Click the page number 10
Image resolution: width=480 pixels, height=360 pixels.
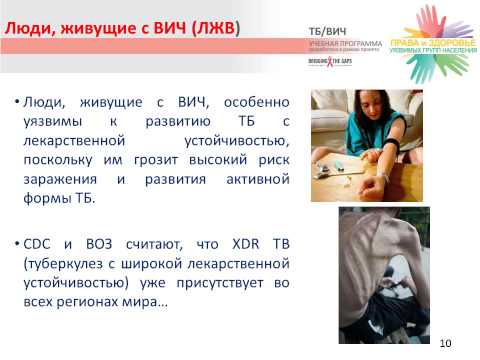click(x=446, y=346)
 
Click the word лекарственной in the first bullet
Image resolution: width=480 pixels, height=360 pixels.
click(x=68, y=141)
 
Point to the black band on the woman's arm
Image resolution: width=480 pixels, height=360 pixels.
click(x=382, y=153)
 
